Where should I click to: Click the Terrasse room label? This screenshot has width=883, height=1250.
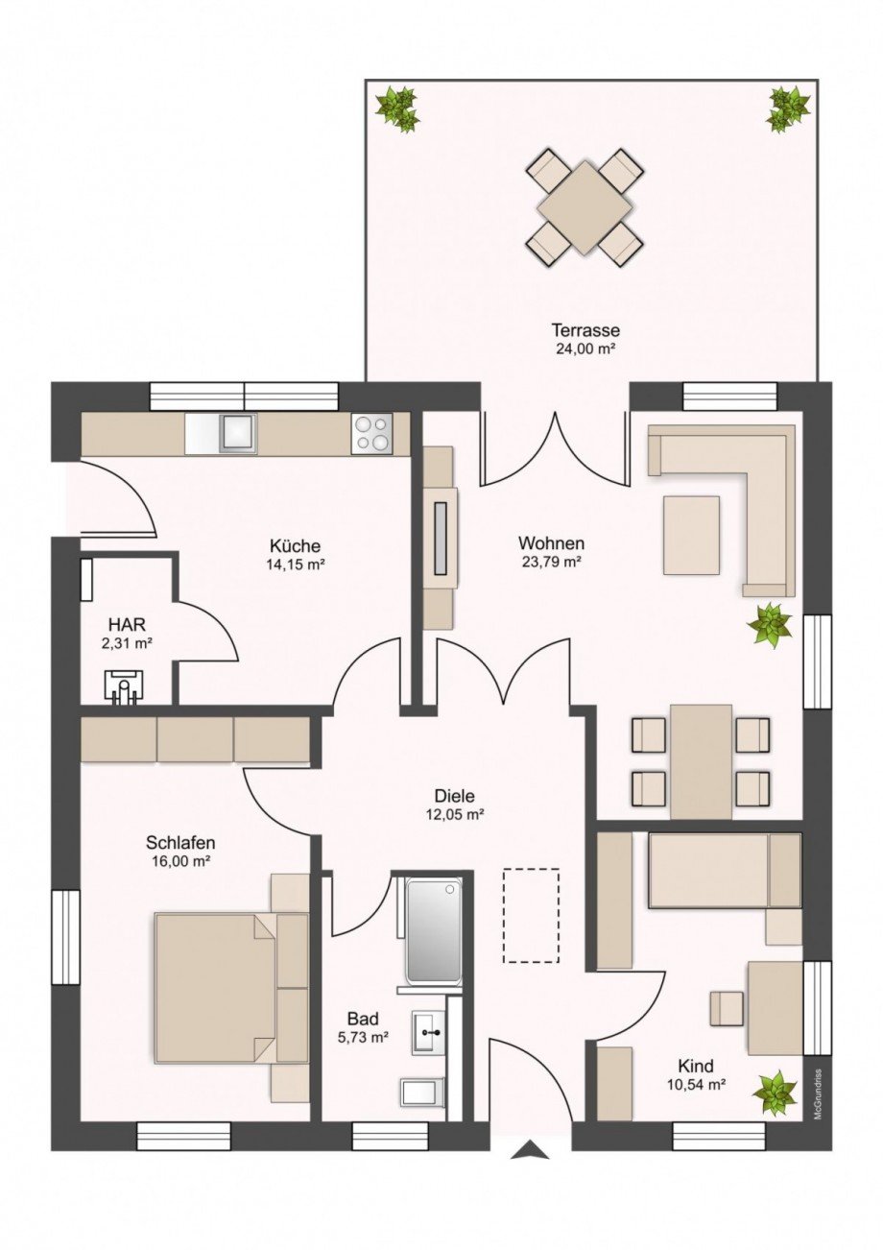click(x=585, y=331)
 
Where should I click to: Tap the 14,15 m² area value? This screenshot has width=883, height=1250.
click(x=296, y=565)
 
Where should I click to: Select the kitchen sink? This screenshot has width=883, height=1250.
click(x=236, y=433)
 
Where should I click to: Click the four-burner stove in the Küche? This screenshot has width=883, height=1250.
click(x=372, y=432)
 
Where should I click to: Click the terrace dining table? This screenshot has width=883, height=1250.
click(x=585, y=206)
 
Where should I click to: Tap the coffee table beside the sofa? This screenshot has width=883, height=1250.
click(x=691, y=535)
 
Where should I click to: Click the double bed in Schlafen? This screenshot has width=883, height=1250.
click(x=216, y=987)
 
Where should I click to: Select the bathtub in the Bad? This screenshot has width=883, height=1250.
click(x=433, y=928)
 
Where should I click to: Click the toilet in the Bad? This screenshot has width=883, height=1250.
click(x=421, y=1091)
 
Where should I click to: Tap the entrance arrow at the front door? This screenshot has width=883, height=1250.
click(x=530, y=1150)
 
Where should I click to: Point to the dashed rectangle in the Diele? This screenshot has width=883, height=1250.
click(x=531, y=915)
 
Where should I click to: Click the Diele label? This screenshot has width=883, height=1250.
click(x=455, y=796)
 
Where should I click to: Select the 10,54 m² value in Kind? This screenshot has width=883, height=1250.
click(x=696, y=1085)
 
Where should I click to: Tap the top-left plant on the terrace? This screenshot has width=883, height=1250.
click(x=396, y=108)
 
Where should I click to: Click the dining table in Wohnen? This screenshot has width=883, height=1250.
click(x=701, y=760)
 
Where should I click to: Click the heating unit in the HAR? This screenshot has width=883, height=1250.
click(x=124, y=685)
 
